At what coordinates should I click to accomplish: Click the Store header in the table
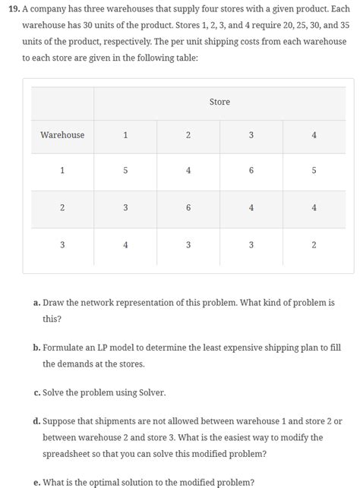(219, 102)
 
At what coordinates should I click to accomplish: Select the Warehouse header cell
(62, 135)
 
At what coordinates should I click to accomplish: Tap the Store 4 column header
(314, 135)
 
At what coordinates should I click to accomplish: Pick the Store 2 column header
(188, 135)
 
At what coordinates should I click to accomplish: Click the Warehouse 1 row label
(62, 172)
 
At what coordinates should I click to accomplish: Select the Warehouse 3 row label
(62, 244)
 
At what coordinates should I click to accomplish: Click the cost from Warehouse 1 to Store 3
(251, 172)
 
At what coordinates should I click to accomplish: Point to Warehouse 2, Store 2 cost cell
(188, 208)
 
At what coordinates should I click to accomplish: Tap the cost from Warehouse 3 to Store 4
(314, 244)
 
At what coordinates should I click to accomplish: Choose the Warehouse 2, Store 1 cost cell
(125, 208)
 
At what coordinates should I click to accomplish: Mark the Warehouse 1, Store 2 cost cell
(188, 172)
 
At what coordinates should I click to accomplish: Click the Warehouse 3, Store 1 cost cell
(125, 244)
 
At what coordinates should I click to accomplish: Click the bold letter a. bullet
(37, 303)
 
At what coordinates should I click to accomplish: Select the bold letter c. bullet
(37, 392)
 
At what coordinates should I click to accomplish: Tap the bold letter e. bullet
(37, 482)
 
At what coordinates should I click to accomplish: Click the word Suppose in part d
(61, 421)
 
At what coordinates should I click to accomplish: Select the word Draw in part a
(54, 303)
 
